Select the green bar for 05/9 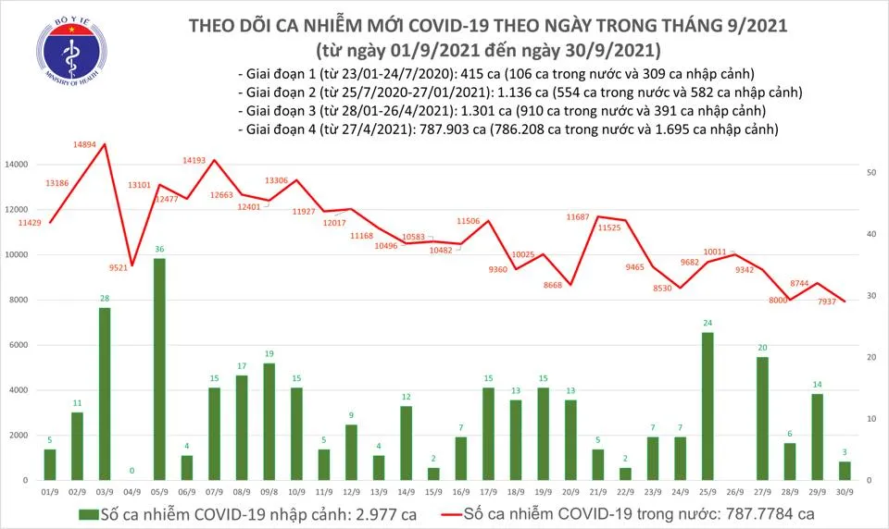(159, 369)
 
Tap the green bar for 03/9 (105, 394)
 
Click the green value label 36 (159, 250)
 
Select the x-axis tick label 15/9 (432, 494)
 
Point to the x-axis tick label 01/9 (50, 494)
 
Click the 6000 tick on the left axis (19, 345)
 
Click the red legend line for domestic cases (441, 513)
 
